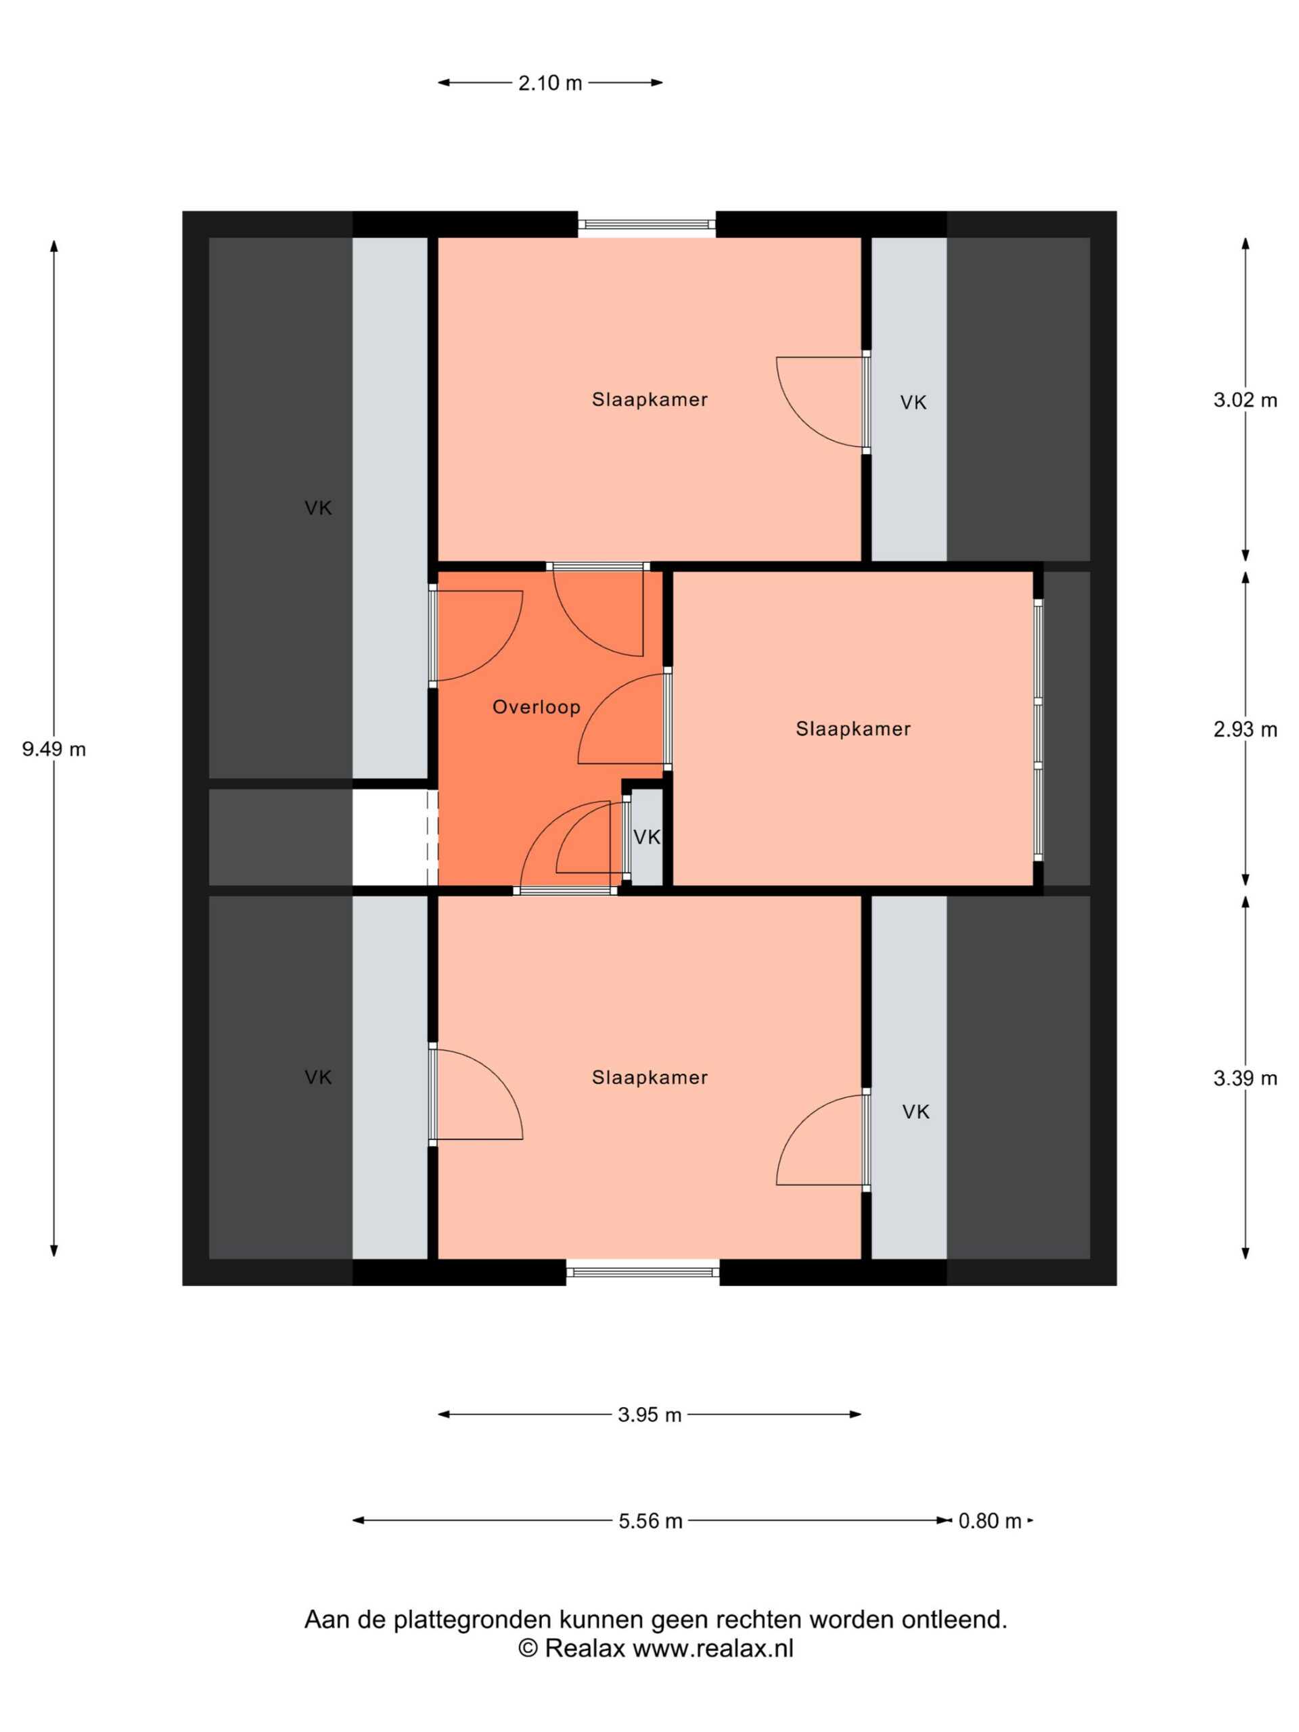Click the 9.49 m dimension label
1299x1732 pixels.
point(54,750)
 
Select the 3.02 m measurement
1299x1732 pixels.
point(1245,400)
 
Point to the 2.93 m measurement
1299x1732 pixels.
point(1245,730)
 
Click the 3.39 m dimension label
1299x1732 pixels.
point(1245,1078)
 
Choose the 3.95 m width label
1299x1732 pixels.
point(649,1415)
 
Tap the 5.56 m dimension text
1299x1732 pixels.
point(650,1521)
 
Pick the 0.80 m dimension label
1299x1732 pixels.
point(990,1521)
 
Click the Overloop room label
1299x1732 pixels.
point(537,707)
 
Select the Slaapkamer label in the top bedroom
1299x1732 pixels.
point(650,399)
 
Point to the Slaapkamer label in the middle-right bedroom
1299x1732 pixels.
point(853,729)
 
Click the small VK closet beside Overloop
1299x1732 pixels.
point(647,837)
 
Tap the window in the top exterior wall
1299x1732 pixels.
point(647,225)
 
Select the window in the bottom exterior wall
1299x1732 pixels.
point(643,1273)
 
